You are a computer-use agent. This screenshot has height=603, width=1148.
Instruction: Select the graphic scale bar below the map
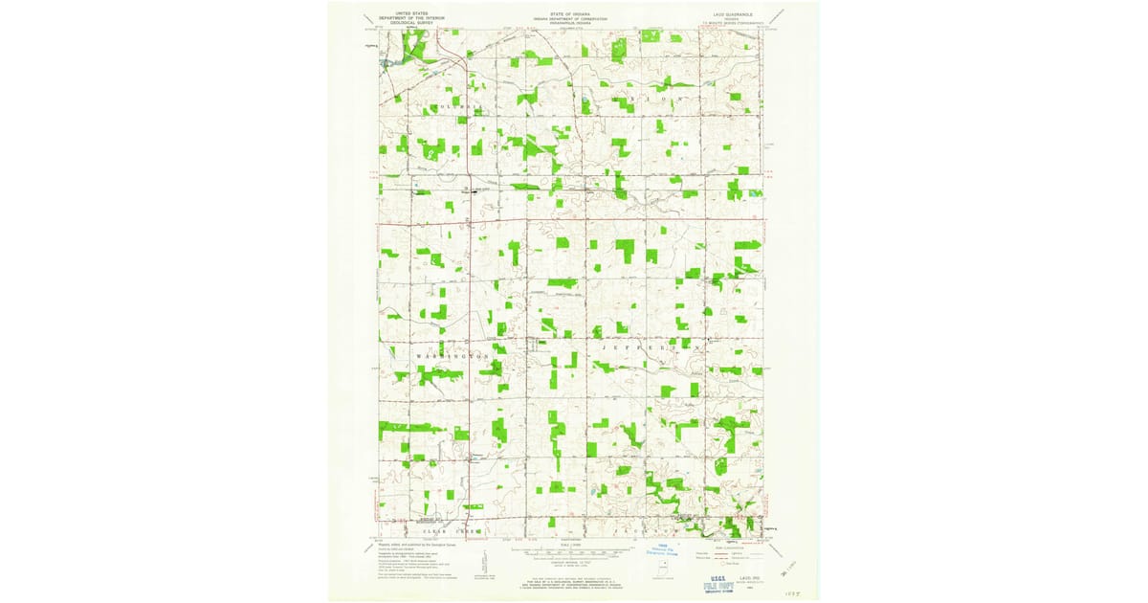point(570,553)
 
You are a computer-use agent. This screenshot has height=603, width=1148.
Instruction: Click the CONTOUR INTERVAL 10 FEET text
point(571,563)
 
